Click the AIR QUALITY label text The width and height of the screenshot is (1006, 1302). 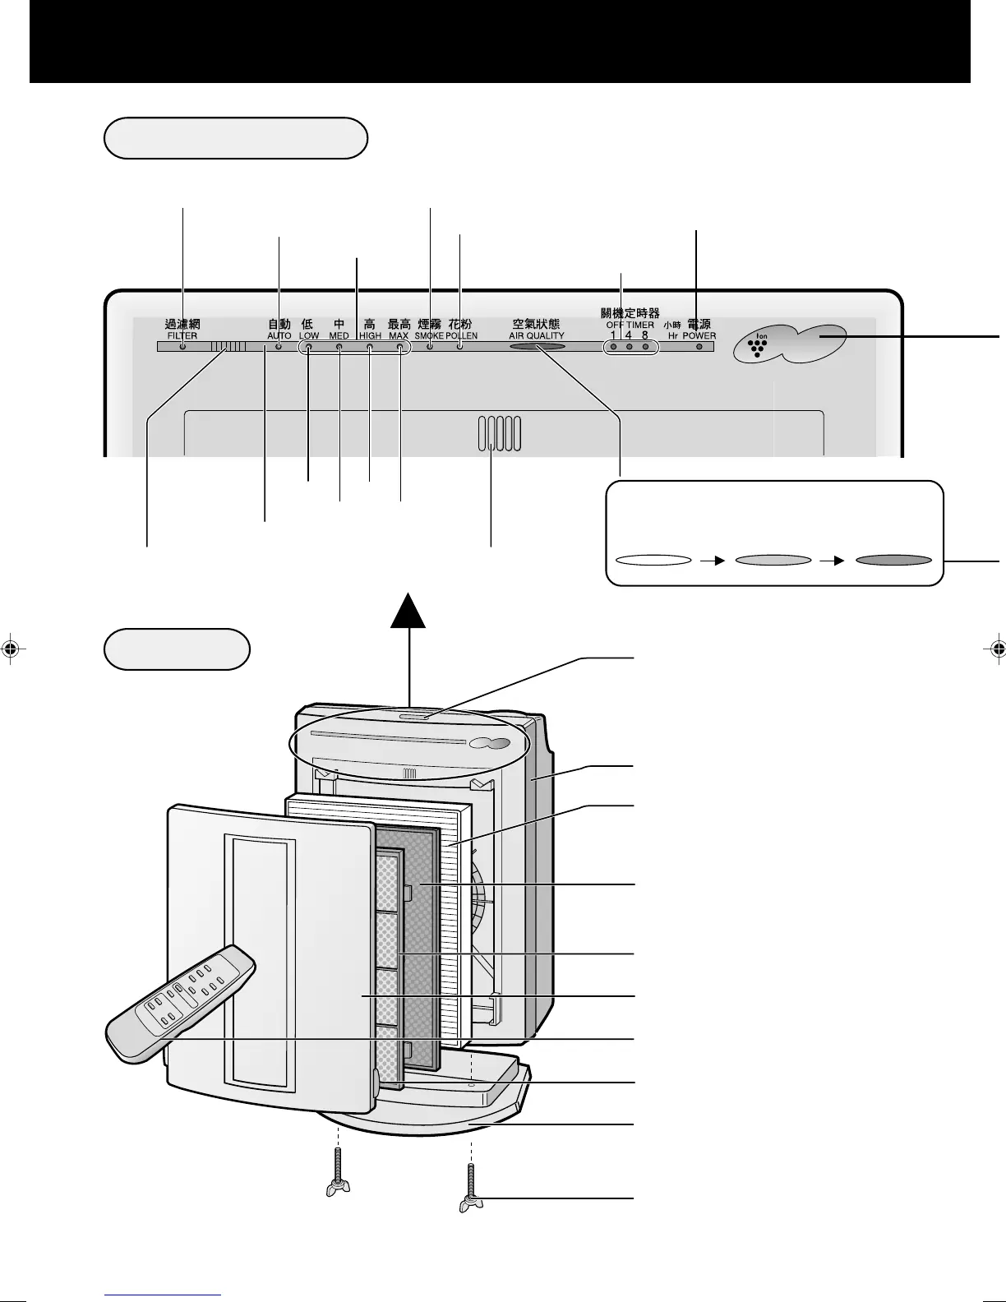coord(537,336)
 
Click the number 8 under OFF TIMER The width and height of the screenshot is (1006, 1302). coord(645,335)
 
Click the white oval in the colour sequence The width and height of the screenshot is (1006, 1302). coord(653,561)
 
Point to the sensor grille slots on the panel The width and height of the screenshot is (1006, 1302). coord(498,434)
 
